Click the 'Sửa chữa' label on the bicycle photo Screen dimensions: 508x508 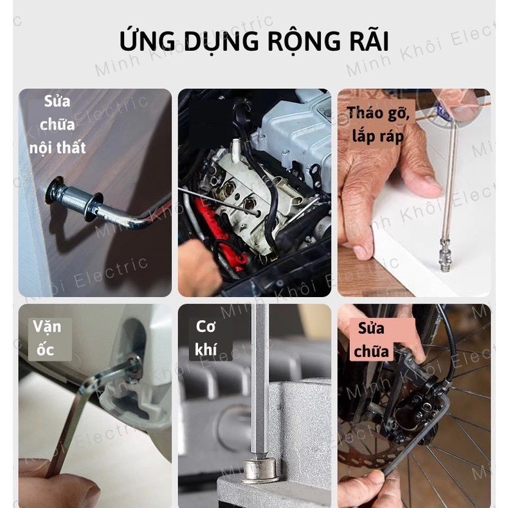(x=371, y=340)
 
